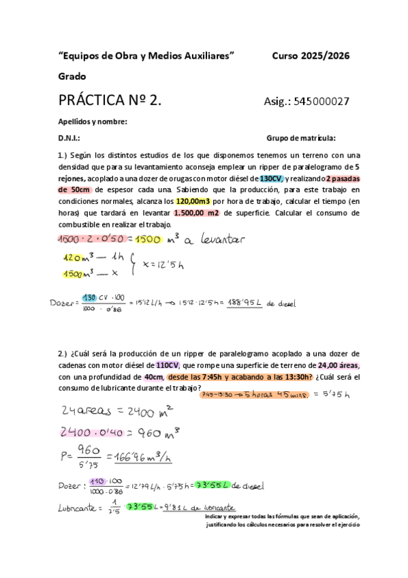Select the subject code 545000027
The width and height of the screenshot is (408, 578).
[321, 102]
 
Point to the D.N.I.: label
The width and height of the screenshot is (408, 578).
[69, 137]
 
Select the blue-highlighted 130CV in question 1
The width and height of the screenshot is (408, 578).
[270, 178]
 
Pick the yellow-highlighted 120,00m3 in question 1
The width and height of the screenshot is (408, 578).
[195, 202]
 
